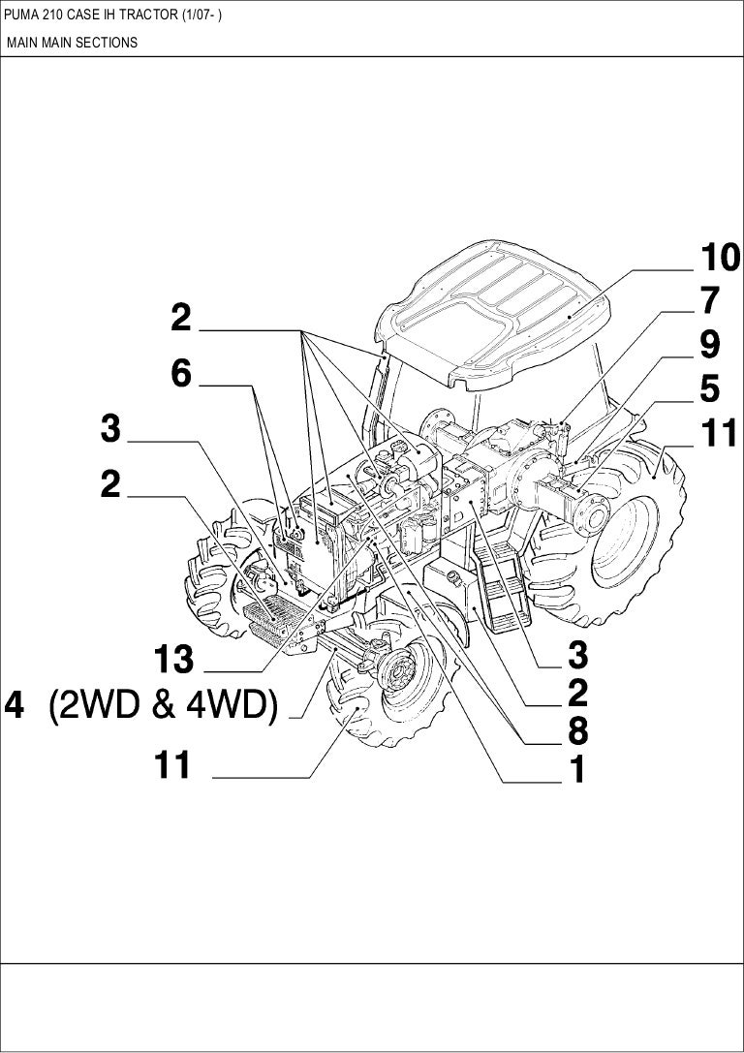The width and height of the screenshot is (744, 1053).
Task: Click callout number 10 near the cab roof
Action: [721, 258]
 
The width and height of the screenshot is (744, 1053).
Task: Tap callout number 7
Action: [710, 301]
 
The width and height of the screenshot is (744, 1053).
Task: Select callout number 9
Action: [710, 345]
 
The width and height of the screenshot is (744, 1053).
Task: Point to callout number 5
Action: [710, 389]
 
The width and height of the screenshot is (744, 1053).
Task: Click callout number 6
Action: [181, 373]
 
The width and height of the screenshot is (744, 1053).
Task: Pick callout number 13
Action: [174, 660]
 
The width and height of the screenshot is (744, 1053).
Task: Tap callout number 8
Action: [577, 730]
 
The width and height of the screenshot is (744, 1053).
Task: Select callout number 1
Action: [577, 769]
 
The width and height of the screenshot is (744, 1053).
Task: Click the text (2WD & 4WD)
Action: [163, 706]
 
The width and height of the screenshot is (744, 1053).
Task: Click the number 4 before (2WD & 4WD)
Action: [15, 706]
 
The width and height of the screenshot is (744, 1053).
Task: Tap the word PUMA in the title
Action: [17, 15]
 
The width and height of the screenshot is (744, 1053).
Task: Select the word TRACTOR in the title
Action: [153, 15]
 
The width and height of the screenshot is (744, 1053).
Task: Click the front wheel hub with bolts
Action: [400, 668]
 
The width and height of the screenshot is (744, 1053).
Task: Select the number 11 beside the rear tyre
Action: [719, 433]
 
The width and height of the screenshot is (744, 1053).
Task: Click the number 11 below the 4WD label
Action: [172, 764]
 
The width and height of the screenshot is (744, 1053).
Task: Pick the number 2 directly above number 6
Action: [181, 319]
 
